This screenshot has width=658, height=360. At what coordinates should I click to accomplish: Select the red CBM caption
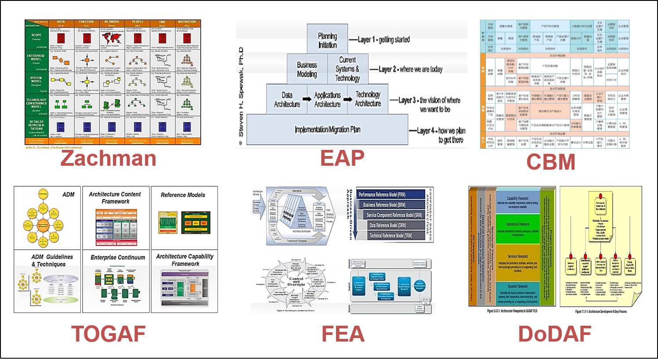coord(550,162)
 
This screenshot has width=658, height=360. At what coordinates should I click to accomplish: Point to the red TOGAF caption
coord(108,334)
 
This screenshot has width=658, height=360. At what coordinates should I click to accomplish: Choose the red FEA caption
coord(343,334)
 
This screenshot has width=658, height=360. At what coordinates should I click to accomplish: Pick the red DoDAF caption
coord(554,334)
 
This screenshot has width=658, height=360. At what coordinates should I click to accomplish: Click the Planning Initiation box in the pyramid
coord(327,40)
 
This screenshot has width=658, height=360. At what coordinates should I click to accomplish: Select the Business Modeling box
coord(307,69)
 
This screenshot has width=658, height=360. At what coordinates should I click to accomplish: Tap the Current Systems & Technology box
coord(347,69)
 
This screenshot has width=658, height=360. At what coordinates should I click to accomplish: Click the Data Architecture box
coord(287,99)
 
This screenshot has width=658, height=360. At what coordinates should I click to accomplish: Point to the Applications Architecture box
coord(327,99)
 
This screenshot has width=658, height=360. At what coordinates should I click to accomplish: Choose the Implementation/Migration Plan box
coord(327,129)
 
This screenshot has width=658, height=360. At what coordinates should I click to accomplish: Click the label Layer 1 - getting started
coord(383,40)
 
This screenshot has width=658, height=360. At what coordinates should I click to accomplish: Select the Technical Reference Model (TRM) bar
coord(391,236)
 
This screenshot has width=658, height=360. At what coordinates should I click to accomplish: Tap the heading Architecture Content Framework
coord(115,198)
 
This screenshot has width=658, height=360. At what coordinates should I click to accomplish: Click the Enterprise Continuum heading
coord(118,258)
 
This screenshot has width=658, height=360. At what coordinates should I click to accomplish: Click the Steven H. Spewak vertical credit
coord(241,97)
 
